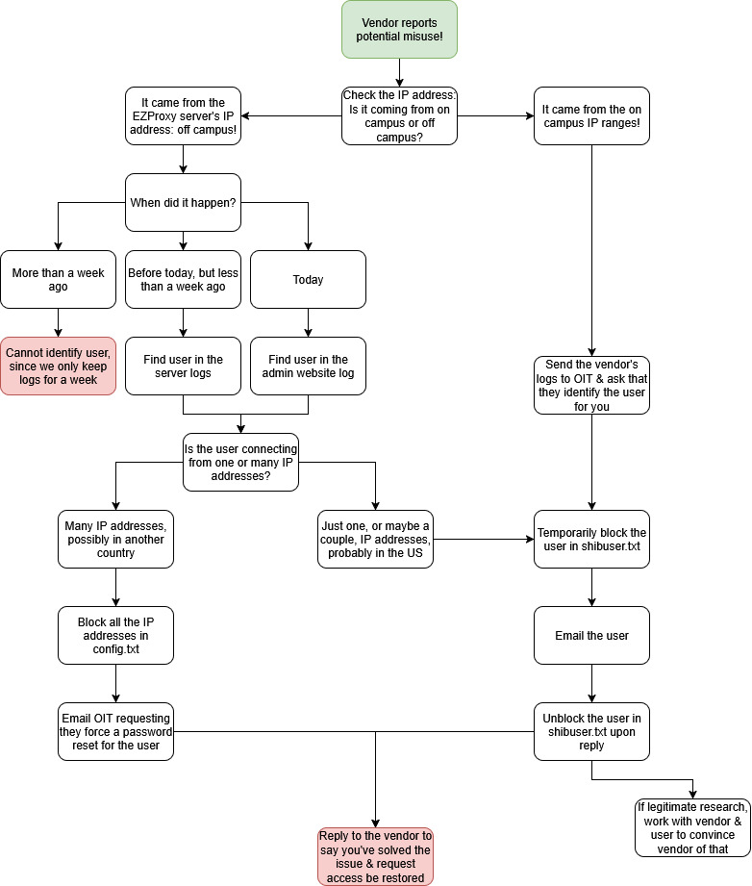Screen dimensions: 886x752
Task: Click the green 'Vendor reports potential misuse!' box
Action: [399, 29]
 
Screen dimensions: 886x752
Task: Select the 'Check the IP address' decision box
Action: [399, 115]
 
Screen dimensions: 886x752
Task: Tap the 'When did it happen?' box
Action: [183, 202]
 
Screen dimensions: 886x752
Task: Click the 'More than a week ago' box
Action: [58, 279]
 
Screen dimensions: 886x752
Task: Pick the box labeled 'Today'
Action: [308, 279]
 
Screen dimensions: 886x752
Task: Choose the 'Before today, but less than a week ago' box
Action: [183, 279]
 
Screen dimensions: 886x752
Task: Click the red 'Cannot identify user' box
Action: [58, 366]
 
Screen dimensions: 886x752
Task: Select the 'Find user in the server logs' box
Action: [183, 366]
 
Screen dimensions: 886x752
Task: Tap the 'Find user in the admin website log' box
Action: [308, 366]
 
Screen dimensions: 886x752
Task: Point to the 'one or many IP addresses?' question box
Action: [240, 462]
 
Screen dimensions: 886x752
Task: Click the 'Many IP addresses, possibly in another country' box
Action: [115, 539]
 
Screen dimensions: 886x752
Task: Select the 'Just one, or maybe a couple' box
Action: [375, 539]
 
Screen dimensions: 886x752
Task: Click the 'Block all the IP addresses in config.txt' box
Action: [115, 635]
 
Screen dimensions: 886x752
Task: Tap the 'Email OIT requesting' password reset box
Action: [115, 731]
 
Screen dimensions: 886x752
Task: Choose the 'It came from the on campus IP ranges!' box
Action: [591, 115]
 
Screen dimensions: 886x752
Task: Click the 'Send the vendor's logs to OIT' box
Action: [591, 385]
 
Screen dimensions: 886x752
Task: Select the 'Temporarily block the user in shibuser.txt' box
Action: [591, 539]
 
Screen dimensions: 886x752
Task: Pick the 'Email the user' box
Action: [591, 635]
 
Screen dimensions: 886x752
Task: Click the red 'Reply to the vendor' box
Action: [375, 856]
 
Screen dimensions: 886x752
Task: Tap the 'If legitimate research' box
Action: [692, 827]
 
